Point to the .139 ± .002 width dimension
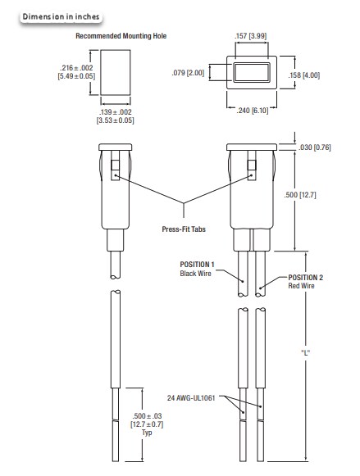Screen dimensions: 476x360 click(116, 115)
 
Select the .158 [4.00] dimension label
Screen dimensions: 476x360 click(311, 75)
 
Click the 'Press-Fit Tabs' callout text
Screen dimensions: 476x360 click(184, 229)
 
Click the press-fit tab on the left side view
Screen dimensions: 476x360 click(115, 175)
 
